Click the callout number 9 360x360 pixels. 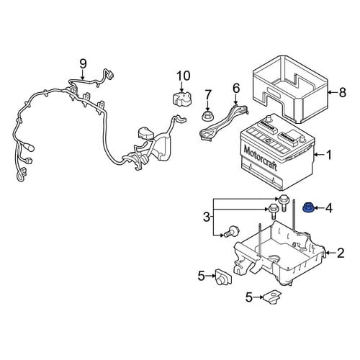tap(83, 64)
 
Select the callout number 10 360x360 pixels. tap(184, 76)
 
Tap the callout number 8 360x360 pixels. tap(343, 92)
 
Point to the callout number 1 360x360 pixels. tap(329, 155)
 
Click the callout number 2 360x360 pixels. tap(341, 253)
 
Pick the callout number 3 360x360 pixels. tap(207, 217)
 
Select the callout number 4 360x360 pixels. tap(329, 208)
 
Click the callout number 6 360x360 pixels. tap(236, 89)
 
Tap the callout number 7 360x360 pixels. tap(208, 94)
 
